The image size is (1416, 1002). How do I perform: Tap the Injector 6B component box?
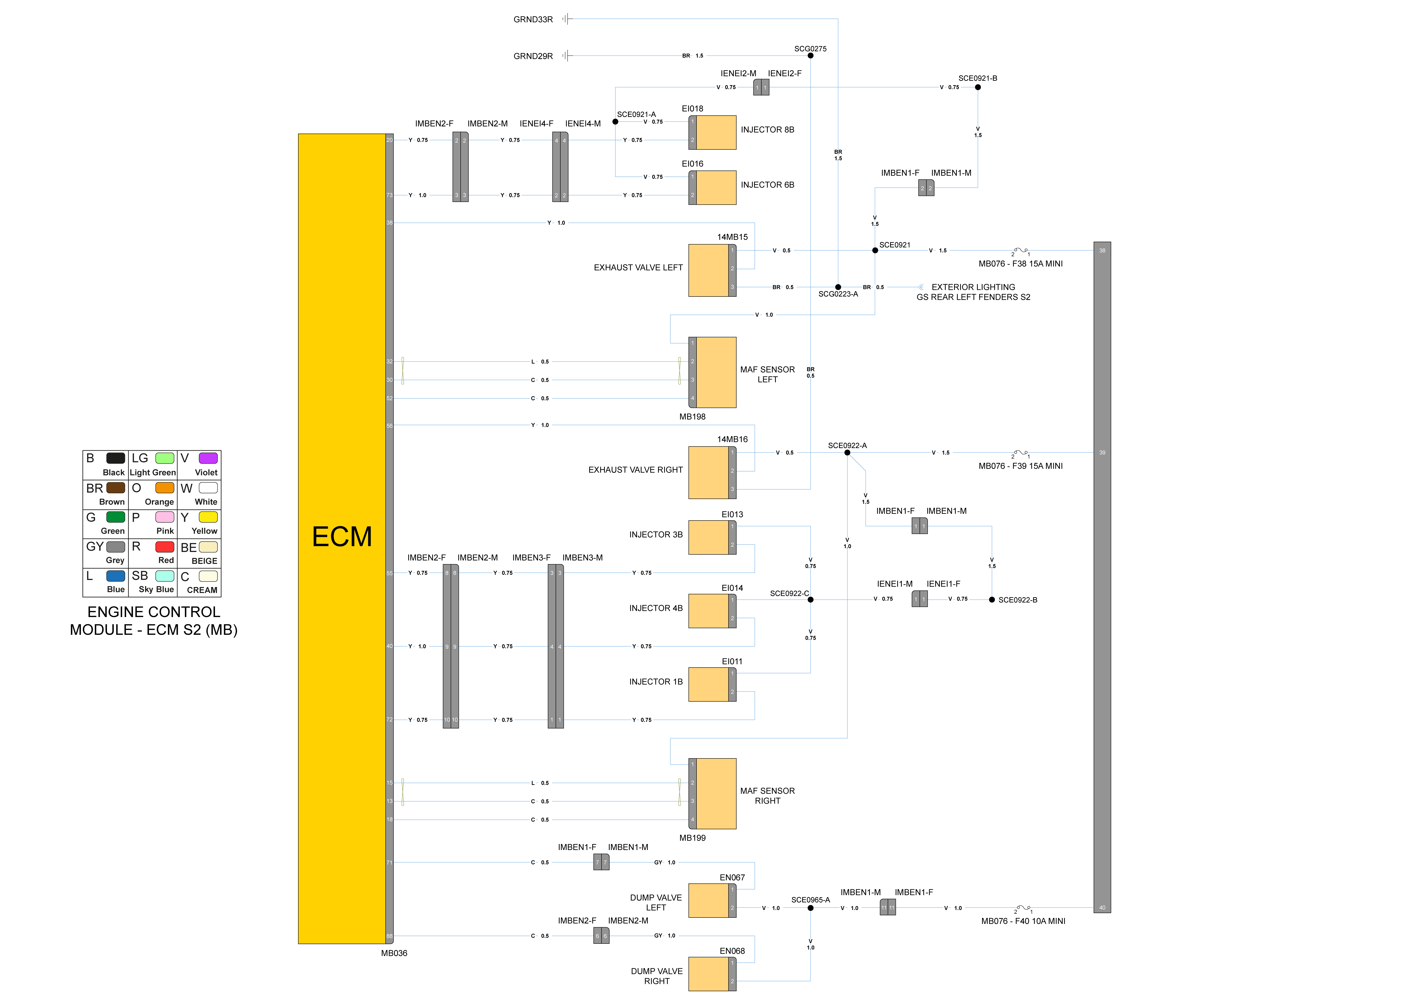715,188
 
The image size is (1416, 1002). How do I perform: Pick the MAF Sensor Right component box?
715,794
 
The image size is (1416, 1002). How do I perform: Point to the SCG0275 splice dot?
810,56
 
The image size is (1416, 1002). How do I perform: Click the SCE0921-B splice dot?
977,87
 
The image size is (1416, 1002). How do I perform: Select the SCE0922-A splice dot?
847,453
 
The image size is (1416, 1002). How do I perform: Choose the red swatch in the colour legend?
165,547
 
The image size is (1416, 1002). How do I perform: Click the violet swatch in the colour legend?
208,458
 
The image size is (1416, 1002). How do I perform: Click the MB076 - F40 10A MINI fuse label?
1023,921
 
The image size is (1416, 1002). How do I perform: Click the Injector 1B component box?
709,684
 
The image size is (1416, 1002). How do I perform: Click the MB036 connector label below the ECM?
394,953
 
